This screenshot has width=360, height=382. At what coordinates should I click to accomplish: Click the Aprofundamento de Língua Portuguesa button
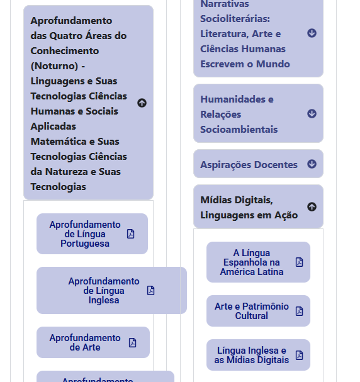coord(85,234)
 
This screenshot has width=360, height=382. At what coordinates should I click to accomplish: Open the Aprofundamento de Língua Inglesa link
coord(104,291)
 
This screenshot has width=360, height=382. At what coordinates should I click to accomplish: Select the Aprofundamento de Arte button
coord(85,342)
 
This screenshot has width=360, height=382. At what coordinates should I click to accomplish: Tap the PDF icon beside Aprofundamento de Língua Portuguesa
coord(131,234)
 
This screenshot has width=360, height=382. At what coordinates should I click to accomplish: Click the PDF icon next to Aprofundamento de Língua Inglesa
coord(151,291)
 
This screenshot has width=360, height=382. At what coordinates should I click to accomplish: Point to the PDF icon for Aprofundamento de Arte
coord(132,342)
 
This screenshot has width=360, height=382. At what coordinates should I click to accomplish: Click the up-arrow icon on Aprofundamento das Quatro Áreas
coord(142,103)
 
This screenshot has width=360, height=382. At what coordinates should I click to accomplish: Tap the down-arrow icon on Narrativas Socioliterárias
coord(312,33)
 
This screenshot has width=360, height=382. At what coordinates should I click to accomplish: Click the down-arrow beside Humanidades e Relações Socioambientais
coord(312,114)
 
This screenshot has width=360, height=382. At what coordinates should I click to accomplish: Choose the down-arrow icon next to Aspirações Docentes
coord(312,164)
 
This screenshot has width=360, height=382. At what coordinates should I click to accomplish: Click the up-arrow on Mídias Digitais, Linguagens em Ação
coord(312,207)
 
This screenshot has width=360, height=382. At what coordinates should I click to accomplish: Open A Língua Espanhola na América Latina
coord(252,262)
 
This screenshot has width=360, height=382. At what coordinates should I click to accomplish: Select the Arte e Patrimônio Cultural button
coord(252,311)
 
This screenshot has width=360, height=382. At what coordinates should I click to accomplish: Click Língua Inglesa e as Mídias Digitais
coord(252,355)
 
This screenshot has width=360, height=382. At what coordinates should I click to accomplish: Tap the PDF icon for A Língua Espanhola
coord(299,262)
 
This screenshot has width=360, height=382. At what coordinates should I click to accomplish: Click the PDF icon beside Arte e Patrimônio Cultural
coord(299,311)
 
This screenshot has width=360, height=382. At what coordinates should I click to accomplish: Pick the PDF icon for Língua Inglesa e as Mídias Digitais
coord(299,355)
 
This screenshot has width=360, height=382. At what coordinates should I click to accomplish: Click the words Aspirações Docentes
coord(249,165)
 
